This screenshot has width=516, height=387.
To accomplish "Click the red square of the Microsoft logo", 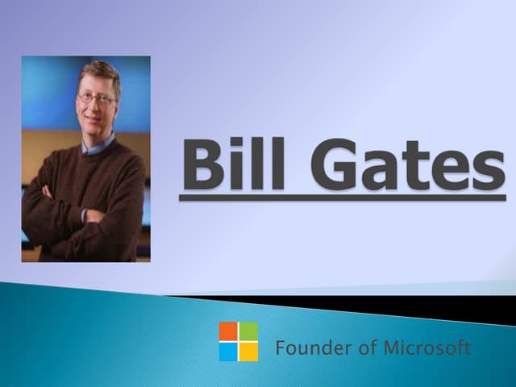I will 228,331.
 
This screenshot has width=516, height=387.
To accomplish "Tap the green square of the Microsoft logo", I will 248,331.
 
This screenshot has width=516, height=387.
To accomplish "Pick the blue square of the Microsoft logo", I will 228,352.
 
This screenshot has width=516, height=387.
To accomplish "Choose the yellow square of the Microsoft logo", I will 248,352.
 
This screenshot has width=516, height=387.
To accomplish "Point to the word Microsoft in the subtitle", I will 427,349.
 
